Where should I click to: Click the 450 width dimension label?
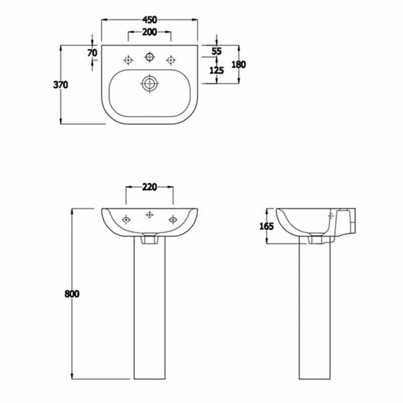pos(150,20)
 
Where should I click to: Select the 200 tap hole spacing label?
pos(150,32)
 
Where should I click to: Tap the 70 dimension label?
pos(92,52)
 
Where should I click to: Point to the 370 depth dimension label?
pos(60,85)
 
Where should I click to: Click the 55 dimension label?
pos(217,51)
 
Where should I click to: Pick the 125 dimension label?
pos(217,70)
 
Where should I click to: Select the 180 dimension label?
pos(238,64)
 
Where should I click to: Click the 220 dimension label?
pos(150,187)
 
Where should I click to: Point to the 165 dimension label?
pos(266,226)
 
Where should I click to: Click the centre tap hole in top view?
pos(149,56)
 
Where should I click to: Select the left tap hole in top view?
pos(128,60)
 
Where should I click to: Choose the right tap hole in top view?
pos(171,60)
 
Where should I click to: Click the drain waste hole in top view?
pos(149,83)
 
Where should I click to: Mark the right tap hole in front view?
pos(173,219)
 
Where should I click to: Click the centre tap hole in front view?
pos(149,215)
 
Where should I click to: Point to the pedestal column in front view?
pos(149,312)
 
